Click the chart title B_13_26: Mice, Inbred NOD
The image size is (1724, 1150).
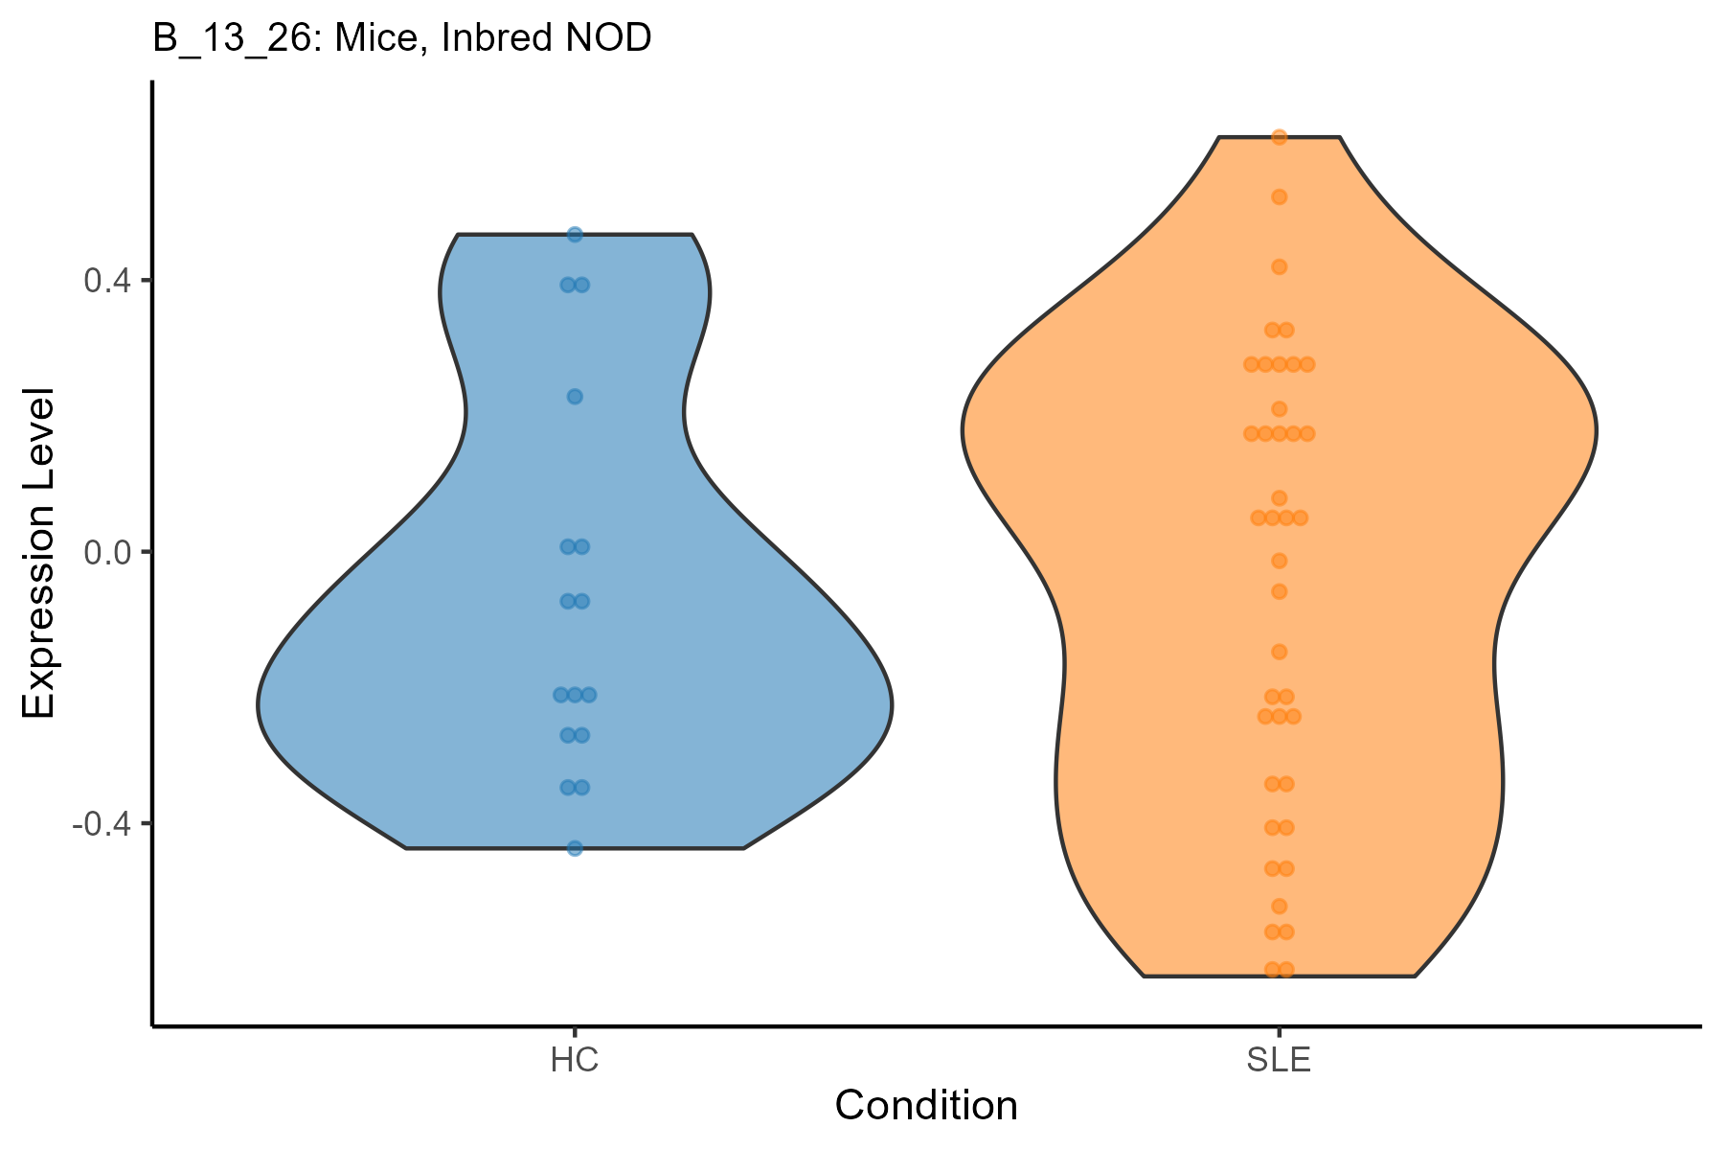[x=402, y=38]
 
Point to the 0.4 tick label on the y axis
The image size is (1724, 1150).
[x=109, y=281]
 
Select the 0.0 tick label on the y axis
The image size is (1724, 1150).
[x=109, y=552]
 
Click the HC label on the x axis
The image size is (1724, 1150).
[x=575, y=1061]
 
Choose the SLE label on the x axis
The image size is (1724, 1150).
[x=1279, y=1061]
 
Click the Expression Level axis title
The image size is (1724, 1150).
[x=40, y=553]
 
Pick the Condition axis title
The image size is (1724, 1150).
[x=926, y=1106]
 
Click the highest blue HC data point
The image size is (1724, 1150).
[x=575, y=235]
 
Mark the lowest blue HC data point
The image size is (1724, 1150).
[x=575, y=848]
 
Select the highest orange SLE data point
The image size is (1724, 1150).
[x=1279, y=137]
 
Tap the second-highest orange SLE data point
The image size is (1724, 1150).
[x=1279, y=197]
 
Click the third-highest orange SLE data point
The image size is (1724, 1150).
[x=1279, y=266]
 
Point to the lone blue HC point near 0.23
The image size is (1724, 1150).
[x=575, y=397]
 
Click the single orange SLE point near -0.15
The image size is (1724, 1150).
[x=1279, y=652]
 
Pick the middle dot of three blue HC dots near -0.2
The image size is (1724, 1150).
[x=575, y=694]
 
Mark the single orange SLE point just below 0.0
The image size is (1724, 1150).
[x=1279, y=561]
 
